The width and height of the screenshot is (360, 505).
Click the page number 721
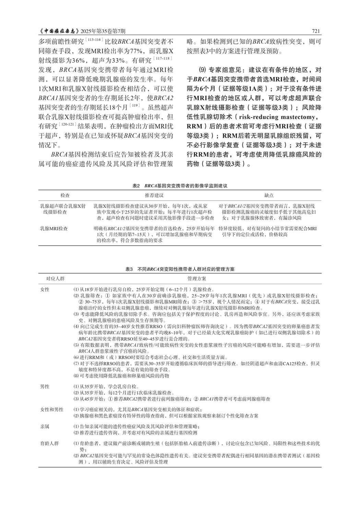click(316, 31)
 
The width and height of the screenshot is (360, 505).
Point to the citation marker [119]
click(134, 105)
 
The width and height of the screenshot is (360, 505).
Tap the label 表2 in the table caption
click(136, 185)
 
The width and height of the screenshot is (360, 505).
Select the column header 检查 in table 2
click(65, 195)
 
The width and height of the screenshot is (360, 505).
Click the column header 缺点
click(269, 195)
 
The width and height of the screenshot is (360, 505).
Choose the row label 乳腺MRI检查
click(54, 228)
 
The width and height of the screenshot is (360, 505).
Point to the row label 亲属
click(45, 426)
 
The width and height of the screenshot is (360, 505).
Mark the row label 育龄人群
click(50, 443)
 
